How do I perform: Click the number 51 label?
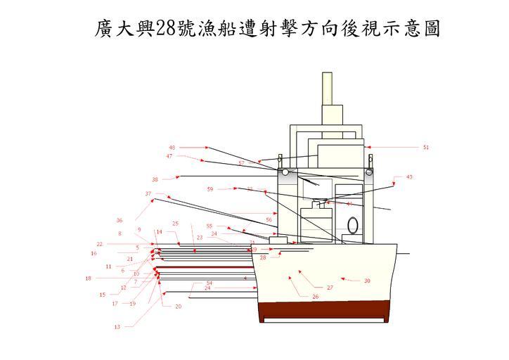[x=425, y=148]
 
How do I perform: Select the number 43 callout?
[x=409, y=176]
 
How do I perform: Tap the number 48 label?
[x=172, y=148]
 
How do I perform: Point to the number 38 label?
[x=155, y=179]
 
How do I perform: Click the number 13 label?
[x=117, y=327]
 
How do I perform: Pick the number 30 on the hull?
[x=367, y=281]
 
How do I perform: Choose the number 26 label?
[x=316, y=297]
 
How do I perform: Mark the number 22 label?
[x=100, y=244]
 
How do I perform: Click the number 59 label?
[x=210, y=188]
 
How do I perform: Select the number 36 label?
[x=120, y=220]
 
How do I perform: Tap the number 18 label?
[x=88, y=278]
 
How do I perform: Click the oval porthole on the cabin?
[x=354, y=225]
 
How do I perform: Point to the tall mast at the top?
[x=326, y=89]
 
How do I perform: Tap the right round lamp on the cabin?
[x=368, y=171]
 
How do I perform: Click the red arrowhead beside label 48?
[x=207, y=148]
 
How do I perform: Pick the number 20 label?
[x=178, y=307]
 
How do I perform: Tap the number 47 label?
[x=169, y=156]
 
